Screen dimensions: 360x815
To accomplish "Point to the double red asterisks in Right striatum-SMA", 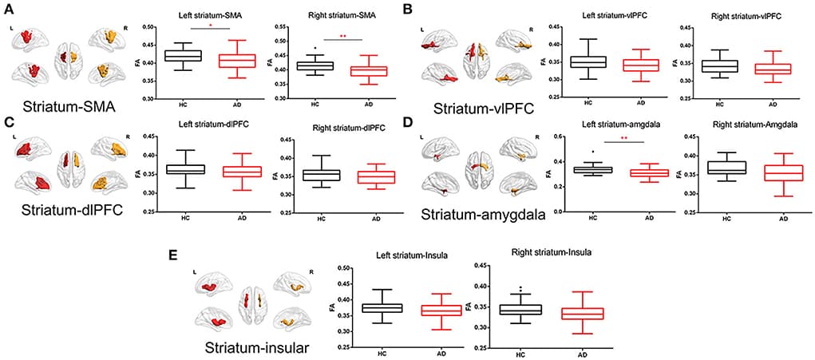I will click(x=342, y=37).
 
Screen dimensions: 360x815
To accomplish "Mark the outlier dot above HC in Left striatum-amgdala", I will click(x=592, y=152).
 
